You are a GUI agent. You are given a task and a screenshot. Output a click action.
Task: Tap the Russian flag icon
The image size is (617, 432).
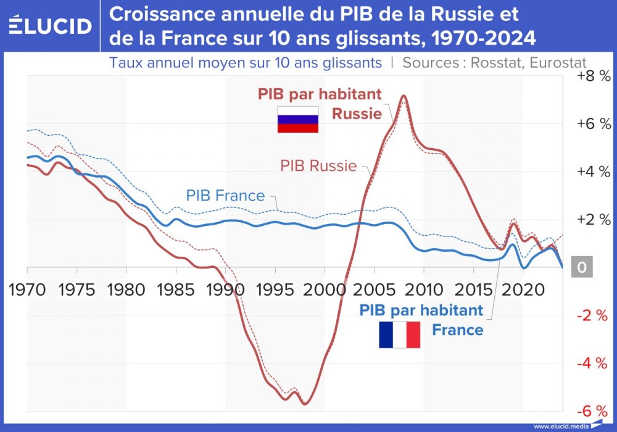coord(297,119)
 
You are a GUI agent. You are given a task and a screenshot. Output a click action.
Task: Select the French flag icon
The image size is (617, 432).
coord(399,334)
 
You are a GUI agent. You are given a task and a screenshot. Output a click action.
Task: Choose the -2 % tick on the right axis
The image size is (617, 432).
coord(594,315)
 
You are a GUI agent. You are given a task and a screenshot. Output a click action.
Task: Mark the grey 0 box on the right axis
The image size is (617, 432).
coord(581,268)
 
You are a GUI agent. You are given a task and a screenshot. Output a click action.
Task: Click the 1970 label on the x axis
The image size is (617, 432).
coord(27,289)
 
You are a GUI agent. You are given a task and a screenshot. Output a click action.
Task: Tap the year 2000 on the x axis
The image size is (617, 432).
coord(325,289)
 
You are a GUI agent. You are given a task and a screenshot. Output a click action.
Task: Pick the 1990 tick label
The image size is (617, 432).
coord(225,289)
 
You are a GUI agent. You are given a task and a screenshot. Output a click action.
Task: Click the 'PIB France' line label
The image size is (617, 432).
coord(225,196)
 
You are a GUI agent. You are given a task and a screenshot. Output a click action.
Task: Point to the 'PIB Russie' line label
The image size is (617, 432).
coord(318,165)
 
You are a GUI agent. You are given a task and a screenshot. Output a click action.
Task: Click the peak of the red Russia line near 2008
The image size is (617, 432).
coord(404,96)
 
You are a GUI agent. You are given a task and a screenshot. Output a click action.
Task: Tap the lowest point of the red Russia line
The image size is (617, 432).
coord(304,404)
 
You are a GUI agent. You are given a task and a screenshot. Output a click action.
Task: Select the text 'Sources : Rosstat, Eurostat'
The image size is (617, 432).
coord(494,62)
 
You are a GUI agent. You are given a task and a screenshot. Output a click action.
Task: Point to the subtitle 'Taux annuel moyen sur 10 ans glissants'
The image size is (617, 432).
coord(245,62)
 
